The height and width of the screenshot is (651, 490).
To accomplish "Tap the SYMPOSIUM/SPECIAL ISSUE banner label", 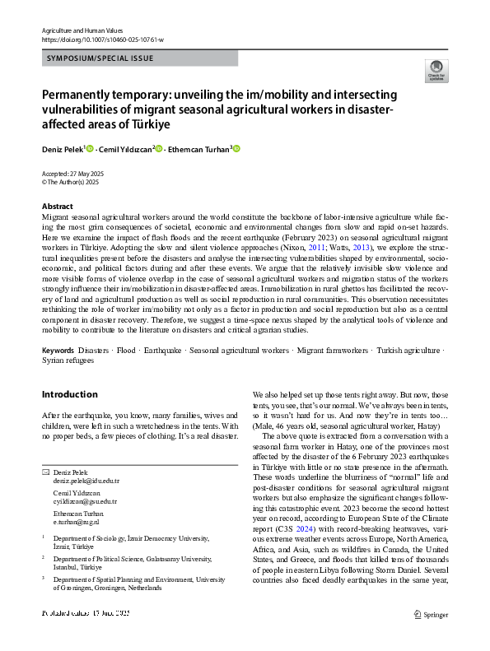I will pos(100,58).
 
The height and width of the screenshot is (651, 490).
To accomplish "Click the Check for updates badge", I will pos(436,70).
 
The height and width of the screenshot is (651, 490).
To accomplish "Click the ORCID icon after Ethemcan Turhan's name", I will pos(237,149).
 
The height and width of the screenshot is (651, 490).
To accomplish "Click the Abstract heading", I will pos(58,206).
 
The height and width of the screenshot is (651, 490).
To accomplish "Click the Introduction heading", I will pos(70,394).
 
